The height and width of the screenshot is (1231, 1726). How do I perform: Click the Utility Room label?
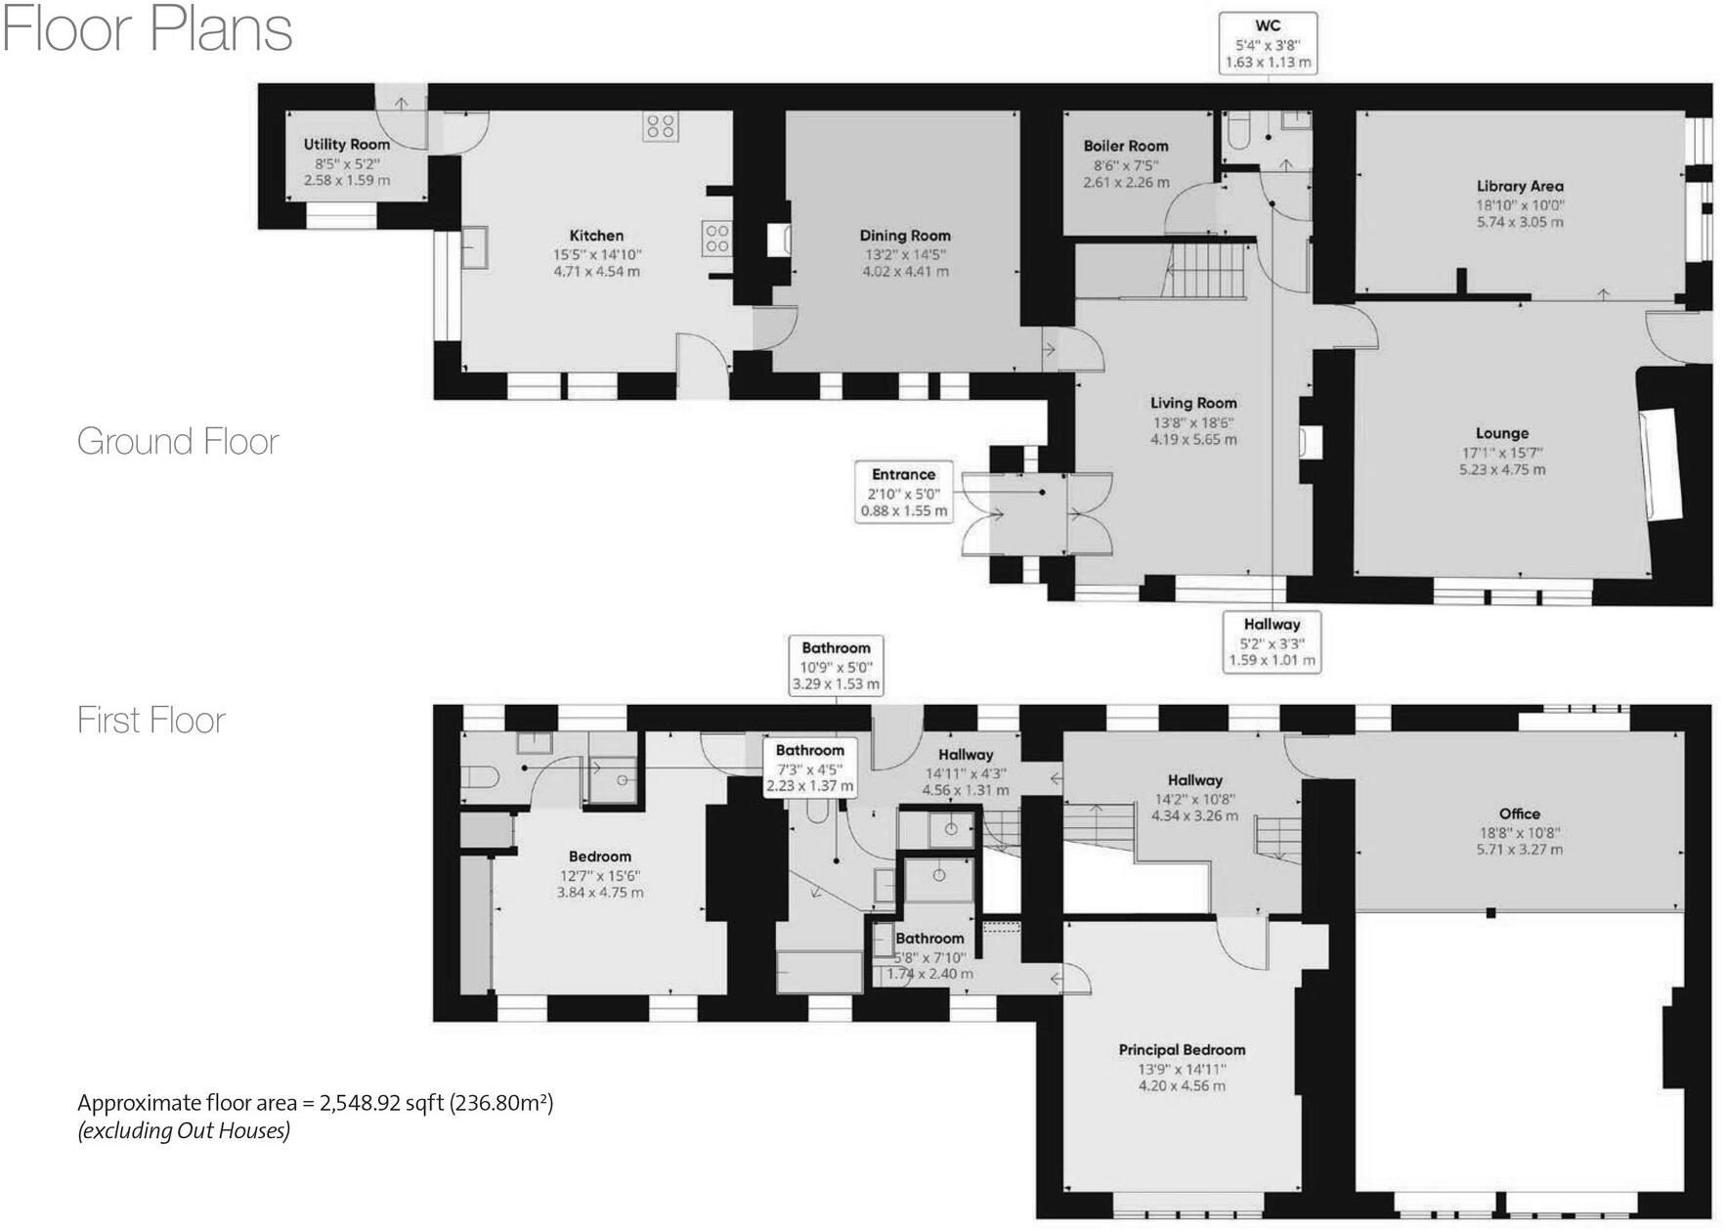[x=346, y=145]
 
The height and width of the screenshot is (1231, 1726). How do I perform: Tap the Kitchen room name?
[x=596, y=236]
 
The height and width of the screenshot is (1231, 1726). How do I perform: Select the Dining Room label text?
[x=904, y=236]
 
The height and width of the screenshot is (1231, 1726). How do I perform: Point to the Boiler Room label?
[x=1125, y=146]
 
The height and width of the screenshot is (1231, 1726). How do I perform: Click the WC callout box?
[x=1268, y=43]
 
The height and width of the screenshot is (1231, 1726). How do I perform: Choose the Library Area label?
[x=1519, y=186]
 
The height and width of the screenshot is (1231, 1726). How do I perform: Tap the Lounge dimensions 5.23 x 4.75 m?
[x=1502, y=469]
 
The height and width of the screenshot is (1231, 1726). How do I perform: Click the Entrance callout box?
[x=903, y=492]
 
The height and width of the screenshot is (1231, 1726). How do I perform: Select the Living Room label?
[x=1192, y=403]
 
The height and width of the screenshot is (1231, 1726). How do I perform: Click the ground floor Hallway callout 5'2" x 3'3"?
[x=1272, y=642]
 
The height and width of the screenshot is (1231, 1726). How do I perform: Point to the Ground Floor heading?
[x=178, y=442]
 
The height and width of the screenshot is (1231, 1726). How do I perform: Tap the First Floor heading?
[x=151, y=721]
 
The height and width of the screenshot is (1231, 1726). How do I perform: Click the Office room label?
[x=1519, y=813]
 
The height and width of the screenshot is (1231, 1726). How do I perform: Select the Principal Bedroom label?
[x=1182, y=1050]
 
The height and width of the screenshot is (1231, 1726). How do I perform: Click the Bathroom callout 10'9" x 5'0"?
[x=836, y=666]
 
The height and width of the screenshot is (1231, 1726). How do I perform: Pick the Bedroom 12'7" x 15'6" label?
[x=600, y=857]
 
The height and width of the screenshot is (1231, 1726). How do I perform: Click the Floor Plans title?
[x=148, y=29]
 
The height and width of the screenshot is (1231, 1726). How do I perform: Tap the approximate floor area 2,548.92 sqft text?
[x=315, y=1103]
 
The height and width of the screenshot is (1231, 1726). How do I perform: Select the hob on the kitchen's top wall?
[x=661, y=125]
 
